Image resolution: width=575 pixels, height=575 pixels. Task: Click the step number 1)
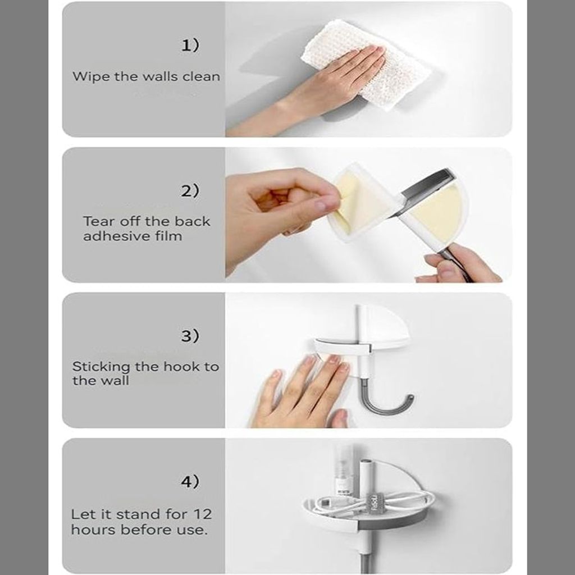(x=190, y=45)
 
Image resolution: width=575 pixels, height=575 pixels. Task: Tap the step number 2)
(x=190, y=191)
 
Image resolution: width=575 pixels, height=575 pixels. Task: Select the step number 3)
(x=190, y=336)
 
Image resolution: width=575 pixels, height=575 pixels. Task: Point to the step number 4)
(x=190, y=481)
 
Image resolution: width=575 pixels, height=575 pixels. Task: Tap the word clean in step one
(x=202, y=76)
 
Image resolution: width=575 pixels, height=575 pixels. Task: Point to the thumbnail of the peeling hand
(x=322, y=205)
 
